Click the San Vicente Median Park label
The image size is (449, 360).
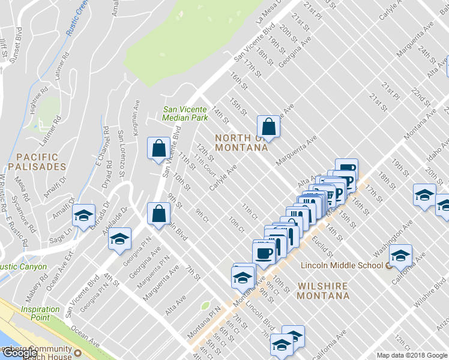(185, 113)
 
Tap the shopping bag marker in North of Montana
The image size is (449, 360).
(268, 127)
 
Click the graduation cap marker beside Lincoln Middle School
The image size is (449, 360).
(400, 254)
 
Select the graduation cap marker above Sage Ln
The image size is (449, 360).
(83, 215)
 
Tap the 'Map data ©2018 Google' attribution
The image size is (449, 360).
(412, 355)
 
